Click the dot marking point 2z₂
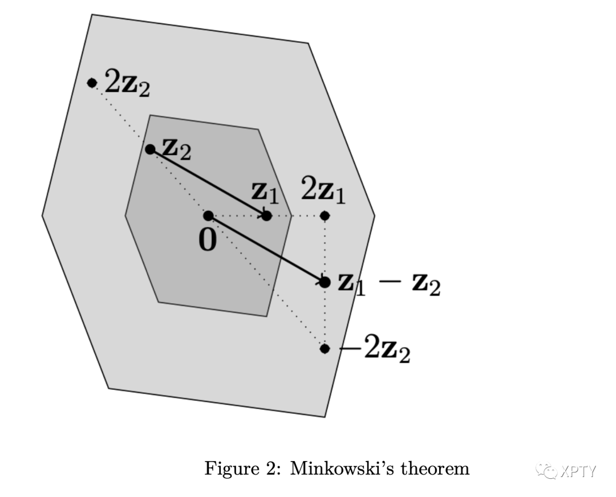pyautogui.click(x=92, y=83)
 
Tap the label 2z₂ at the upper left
pyautogui.click(x=129, y=84)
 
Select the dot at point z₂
pyautogui.click(x=150, y=149)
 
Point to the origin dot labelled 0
pyautogui.click(x=208, y=215)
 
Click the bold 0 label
pyautogui.click(x=208, y=240)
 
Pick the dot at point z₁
pyautogui.click(x=266, y=215)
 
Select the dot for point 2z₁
pyautogui.click(x=325, y=215)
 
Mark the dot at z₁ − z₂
pyautogui.click(x=325, y=282)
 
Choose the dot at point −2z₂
pyautogui.click(x=325, y=348)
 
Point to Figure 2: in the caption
pyautogui.click(x=244, y=469)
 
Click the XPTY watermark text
pyautogui.click(x=577, y=471)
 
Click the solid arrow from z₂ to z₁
pyautogui.click(x=208, y=182)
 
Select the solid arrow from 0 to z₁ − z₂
pyautogui.click(x=266, y=249)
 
